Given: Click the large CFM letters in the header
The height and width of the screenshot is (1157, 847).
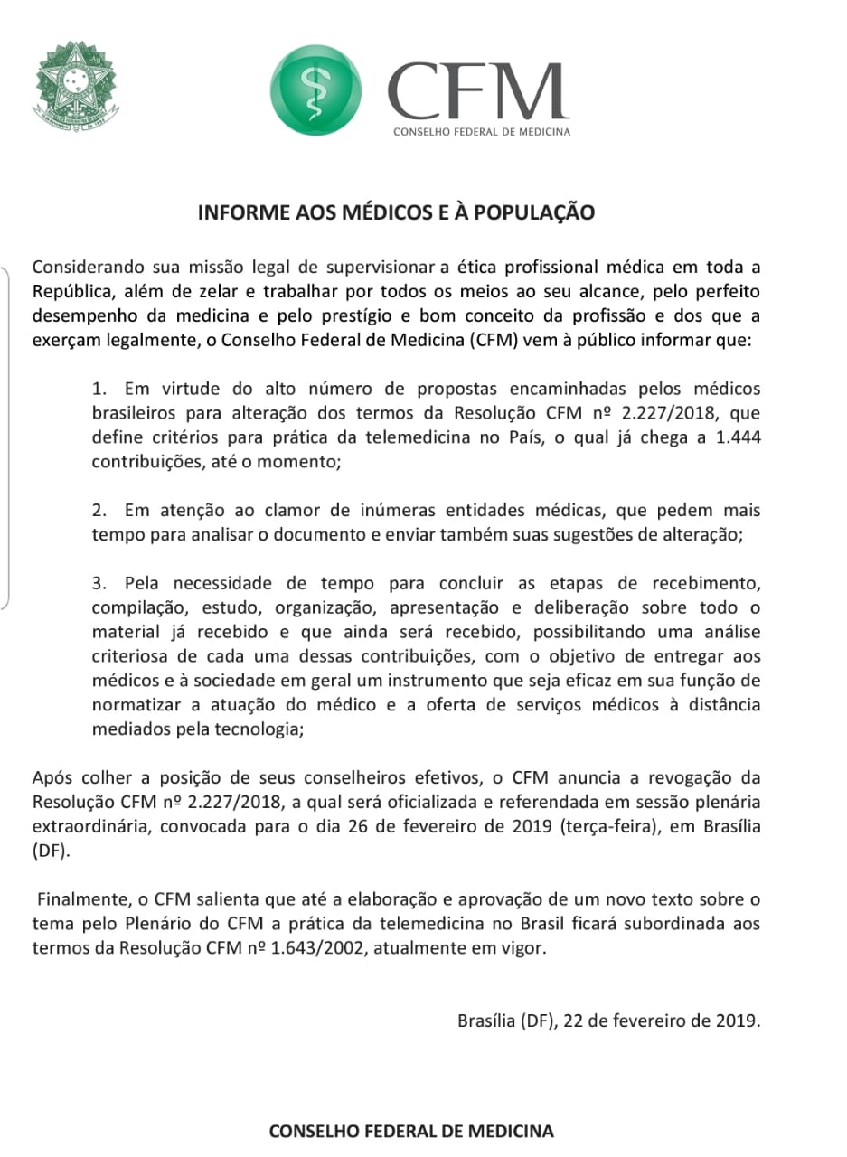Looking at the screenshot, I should (x=479, y=90).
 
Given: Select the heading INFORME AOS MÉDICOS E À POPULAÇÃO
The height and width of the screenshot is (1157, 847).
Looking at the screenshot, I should (x=397, y=213).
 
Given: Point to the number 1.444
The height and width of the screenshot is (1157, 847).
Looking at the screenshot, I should (x=738, y=437).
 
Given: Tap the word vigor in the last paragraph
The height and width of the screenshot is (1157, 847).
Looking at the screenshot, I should (x=525, y=947).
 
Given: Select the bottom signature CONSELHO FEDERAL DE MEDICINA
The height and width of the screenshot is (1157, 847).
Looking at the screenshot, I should (x=411, y=1131).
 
